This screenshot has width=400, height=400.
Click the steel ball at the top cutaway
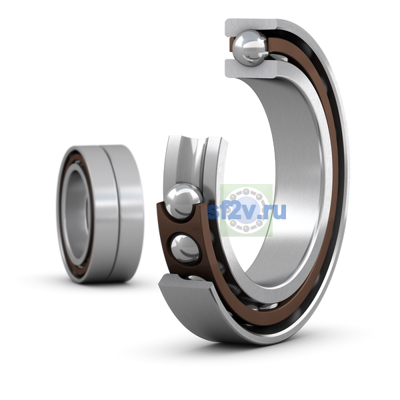point(251,48)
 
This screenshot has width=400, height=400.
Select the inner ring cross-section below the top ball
point(251,69)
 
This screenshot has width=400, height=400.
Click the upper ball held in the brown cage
point(184,201)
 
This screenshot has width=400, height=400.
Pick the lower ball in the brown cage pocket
point(185,249)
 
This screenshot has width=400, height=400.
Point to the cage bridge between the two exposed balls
point(183,226)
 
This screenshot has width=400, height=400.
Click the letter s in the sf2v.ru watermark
point(213,212)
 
